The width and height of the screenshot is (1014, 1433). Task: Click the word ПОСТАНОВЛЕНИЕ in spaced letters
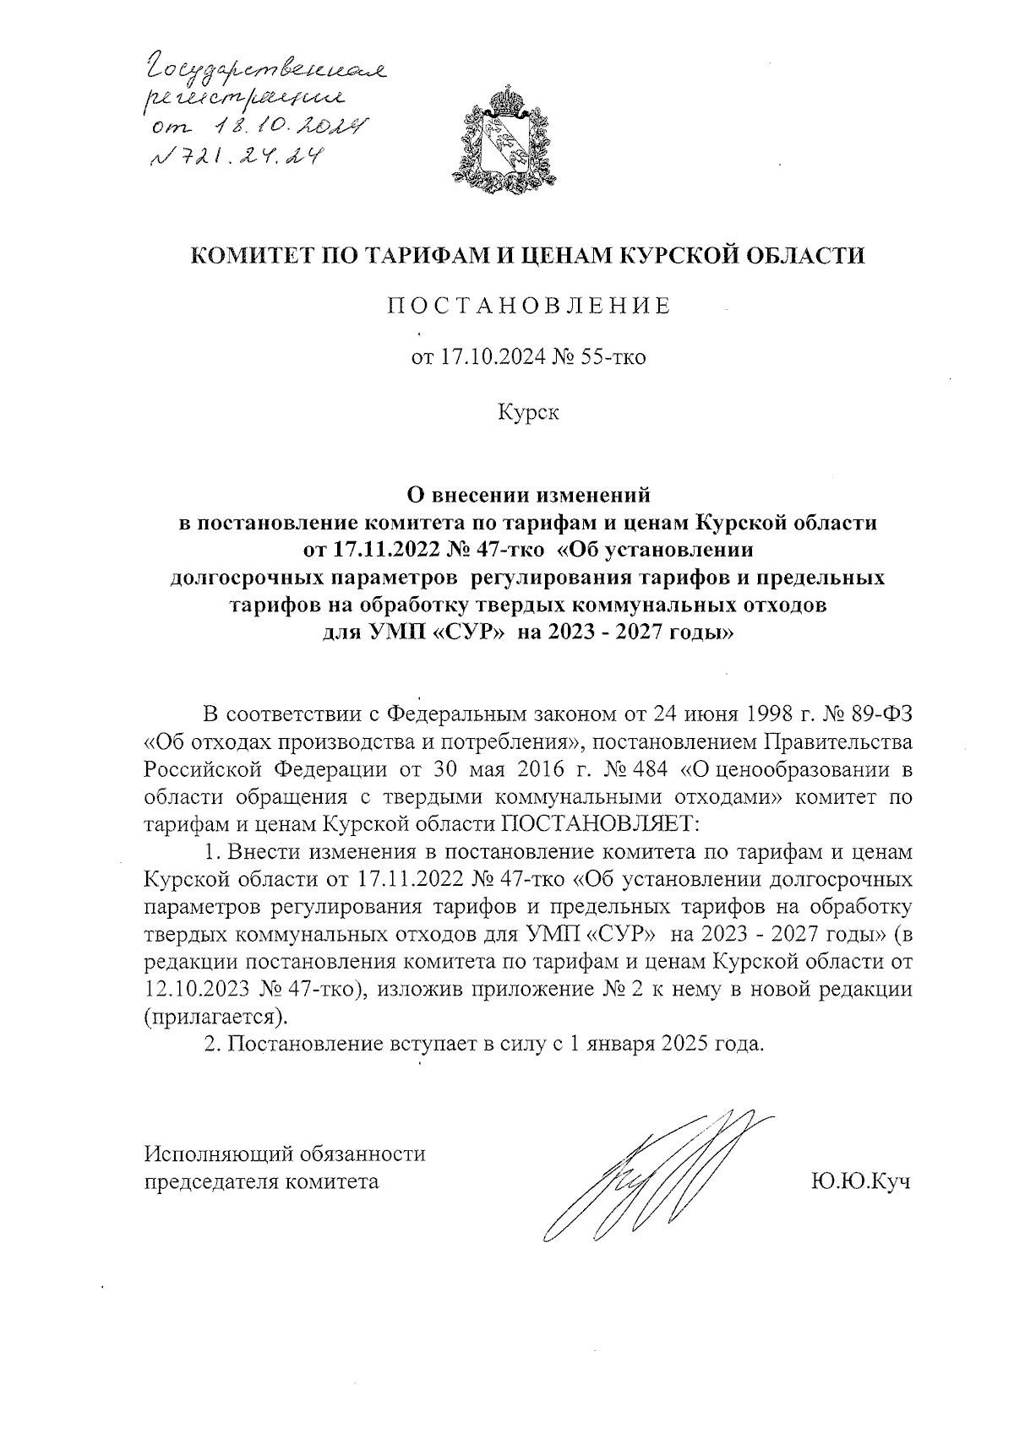click(x=529, y=307)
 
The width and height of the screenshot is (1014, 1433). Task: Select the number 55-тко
click(x=612, y=358)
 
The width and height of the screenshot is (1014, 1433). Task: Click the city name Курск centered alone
click(x=528, y=414)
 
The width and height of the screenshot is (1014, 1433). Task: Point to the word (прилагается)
click(x=215, y=1016)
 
